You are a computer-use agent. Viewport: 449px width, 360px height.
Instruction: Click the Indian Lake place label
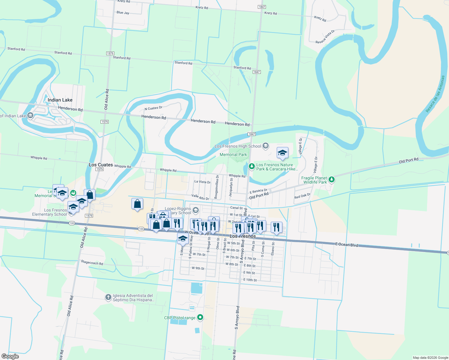(x=60, y=100)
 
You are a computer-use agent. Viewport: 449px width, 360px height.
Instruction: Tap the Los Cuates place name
(x=101, y=165)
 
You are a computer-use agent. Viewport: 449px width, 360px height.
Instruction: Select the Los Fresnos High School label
(x=238, y=146)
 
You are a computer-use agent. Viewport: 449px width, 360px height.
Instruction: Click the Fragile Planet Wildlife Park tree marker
(x=331, y=179)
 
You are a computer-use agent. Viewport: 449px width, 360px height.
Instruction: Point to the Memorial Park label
(x=233, y=154)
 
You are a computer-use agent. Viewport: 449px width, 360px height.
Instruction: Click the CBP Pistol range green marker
(x=200, y=317)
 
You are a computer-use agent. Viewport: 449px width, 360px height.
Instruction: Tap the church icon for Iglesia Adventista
(x=108, y=297)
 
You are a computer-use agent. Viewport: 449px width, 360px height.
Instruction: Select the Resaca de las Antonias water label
(x=435, y=94)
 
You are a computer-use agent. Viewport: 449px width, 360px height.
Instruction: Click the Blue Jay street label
(x=123, y=13)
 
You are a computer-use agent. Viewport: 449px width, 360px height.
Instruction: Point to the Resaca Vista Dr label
(x=325, y=37)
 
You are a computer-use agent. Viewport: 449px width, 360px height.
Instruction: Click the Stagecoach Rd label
(x=92, y=263)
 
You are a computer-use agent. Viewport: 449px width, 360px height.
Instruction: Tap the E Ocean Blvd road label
(x=347, y=245)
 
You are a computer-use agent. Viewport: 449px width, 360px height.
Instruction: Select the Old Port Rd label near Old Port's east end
(x=408, y=160)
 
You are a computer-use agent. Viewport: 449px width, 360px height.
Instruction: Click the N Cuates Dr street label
(x=153, y=108)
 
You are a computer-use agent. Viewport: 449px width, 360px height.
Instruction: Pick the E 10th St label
(x=250, y=280)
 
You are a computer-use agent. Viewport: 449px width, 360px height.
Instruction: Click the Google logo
(x=10, y=356)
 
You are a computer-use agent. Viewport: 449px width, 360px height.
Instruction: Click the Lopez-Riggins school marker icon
(x=196, y=210)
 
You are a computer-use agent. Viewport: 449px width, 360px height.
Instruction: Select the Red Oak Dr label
(x=302, y=196)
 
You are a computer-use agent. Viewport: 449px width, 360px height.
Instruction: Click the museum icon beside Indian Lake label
(x=30, y=115)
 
